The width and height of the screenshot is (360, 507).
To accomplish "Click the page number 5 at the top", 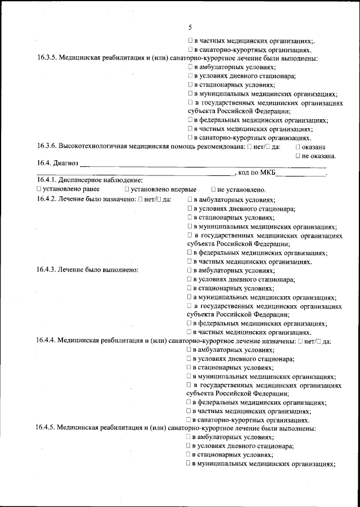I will (x=190, y=27).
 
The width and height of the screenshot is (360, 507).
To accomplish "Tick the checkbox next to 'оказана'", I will (x=298, y=147).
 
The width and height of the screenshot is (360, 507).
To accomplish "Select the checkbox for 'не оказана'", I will (x=298, y=156).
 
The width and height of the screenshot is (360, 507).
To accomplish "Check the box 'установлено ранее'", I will (x=39, y=189).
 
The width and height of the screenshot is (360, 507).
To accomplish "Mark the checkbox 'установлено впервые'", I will (x=127, y=189).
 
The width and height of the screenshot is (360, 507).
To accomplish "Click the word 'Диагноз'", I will (x=66, y=165).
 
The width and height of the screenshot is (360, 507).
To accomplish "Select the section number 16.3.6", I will (x=47, y=147).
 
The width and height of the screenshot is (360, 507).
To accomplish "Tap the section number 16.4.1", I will (x=47, y=180).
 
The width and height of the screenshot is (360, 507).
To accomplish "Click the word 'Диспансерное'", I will (x=83, y=180).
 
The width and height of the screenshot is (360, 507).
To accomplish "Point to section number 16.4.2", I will (x=47, y=199).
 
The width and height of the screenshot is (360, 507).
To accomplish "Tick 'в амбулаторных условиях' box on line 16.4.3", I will (x=190, y=270).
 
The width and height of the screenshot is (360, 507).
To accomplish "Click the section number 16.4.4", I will (x=47, y=341).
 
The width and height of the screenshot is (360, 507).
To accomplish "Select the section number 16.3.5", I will (x=47, y=58).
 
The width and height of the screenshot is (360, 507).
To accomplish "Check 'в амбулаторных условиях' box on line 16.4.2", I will (x=190, y=200).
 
